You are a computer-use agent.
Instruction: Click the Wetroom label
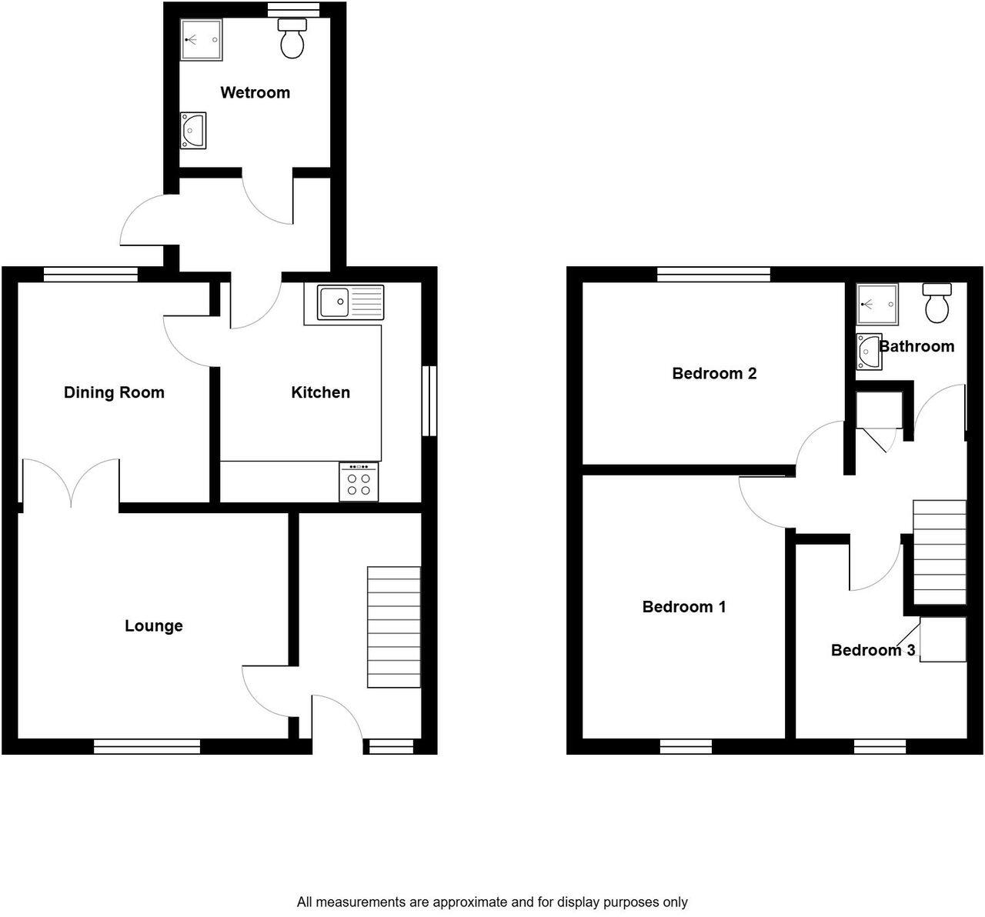(x=255, y=93)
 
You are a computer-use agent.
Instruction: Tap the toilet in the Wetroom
(x=292, y=40)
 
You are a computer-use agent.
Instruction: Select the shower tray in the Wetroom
(x=202, y=40)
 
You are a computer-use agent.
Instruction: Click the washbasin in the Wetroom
(x=192, y=130)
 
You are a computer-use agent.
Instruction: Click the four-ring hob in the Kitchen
(x=359, y=482)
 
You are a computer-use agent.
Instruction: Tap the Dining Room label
(x=114, y=393)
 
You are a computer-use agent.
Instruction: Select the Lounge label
(x=154, y=626)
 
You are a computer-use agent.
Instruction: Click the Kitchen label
(x=320, y=393)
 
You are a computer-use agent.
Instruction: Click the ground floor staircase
(x=394, y=627)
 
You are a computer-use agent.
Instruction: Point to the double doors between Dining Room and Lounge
(x=71, y=483)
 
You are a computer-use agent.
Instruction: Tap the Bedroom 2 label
(x=714, y=374)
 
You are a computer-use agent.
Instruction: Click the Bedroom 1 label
(x=684, y=607)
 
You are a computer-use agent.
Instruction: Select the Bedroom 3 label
(x=873, y=651)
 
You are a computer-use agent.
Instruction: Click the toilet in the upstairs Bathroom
(x=937, y=304)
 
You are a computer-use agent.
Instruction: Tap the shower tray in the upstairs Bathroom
(x=876, y=303)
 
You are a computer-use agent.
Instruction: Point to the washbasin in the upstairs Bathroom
(x=868, y=352)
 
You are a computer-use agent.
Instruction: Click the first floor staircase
(x=939, y=552)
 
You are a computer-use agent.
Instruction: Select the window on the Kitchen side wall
(x=429, y=401)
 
